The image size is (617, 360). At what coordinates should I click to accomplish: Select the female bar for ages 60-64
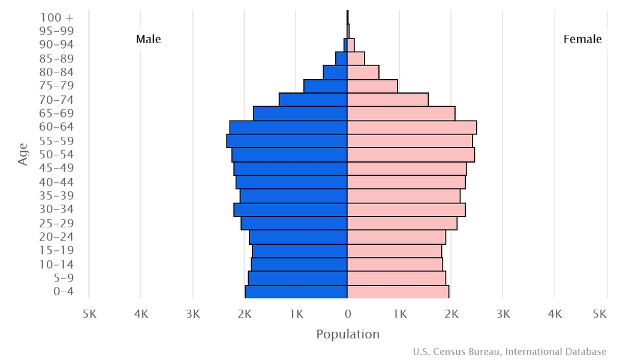(x=412, y=127)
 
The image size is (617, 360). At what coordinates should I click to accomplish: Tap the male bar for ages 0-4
(x=296, y=292)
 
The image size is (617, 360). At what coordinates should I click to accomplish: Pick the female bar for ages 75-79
(x=372, y=86)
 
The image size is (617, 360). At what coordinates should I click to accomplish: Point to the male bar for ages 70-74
(x=313, y=100)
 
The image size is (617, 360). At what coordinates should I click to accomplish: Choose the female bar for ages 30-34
(x=406, y=209)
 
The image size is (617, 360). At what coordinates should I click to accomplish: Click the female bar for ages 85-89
(x=356, y=59)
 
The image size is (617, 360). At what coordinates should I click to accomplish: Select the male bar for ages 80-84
(x=335, y=73)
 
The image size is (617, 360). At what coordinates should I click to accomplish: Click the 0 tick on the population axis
(x=348, y=314)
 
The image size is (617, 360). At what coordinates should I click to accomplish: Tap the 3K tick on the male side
(x=192, y=314)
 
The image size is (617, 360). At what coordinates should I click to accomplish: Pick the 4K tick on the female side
(x=555, y=314)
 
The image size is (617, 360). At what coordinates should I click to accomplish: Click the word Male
(x=148, y=40)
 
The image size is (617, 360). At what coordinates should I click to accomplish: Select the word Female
(x=582, y=40)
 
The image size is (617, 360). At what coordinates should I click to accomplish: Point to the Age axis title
(x=23, y=154)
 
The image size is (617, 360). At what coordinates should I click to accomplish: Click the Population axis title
(x=348, y=334)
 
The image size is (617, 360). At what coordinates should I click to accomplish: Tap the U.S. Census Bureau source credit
(x=510, y=352)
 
